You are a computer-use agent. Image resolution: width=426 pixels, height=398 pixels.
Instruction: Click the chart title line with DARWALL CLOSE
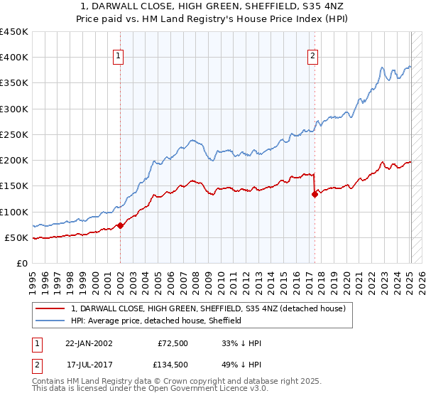[212, 6]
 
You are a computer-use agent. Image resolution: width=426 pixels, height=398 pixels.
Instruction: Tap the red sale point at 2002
[120, 225]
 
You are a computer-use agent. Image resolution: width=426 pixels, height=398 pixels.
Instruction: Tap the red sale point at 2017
[315, 194]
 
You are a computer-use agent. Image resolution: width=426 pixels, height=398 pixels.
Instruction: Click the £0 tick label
[21, 263]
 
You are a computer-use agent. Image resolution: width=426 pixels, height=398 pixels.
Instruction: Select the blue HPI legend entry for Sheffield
[156, 321]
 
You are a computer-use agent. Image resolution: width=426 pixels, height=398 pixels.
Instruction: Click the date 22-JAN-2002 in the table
[89, 343]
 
